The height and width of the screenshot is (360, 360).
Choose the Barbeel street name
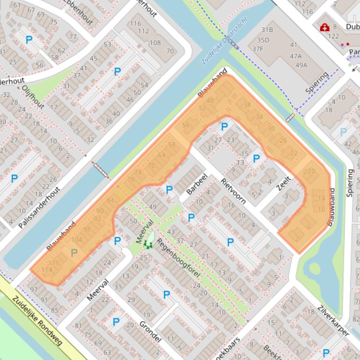point(196,184)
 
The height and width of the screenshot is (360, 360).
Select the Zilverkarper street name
point(332,320)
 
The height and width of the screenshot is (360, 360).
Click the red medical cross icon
point(324,28)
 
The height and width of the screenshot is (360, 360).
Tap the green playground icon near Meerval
point(149,244)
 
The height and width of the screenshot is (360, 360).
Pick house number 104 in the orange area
point(77,240)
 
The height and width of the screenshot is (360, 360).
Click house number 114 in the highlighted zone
point(47,270)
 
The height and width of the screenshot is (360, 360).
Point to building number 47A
point(295,56)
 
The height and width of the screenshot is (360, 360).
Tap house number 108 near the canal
point(155,43)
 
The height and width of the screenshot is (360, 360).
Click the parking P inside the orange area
point(73,253)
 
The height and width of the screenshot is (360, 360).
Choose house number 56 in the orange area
point(186,125)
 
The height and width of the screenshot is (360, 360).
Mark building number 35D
point(263,40)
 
